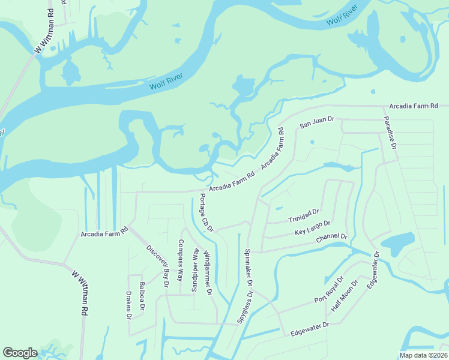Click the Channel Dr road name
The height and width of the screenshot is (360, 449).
331,239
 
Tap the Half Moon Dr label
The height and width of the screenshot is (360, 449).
345,296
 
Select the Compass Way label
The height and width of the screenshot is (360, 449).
180,260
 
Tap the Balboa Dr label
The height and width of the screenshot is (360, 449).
142,296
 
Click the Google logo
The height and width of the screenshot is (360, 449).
20,353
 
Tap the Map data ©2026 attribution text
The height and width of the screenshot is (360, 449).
423,355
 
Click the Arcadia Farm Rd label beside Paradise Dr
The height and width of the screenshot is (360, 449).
413,106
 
